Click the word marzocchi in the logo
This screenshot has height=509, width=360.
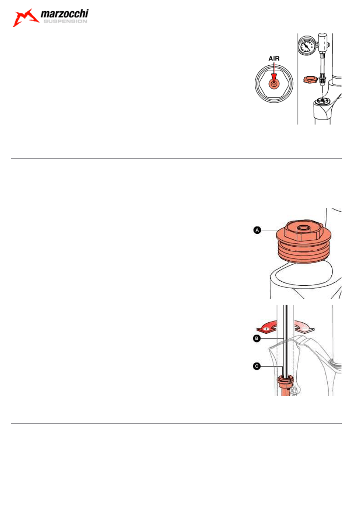(65, 14)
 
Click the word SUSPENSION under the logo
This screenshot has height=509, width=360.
(65, 21)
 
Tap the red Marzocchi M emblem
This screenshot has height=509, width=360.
(25, 18)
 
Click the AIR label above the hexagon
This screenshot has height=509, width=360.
(274, 58)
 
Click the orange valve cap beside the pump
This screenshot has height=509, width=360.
(310, 80)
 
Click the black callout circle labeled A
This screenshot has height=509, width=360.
(257, 230)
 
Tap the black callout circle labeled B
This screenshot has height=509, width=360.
(256, 339)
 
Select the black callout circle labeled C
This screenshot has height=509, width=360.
(256, 366)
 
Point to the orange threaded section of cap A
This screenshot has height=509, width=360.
(304, 252)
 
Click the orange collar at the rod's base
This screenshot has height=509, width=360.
(285, 382)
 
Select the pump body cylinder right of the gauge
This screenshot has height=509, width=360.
(323, 43)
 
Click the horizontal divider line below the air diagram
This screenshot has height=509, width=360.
(176, 158)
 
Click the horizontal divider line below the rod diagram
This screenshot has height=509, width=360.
(176, 424)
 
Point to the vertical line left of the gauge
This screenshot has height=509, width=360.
(298, 79)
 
